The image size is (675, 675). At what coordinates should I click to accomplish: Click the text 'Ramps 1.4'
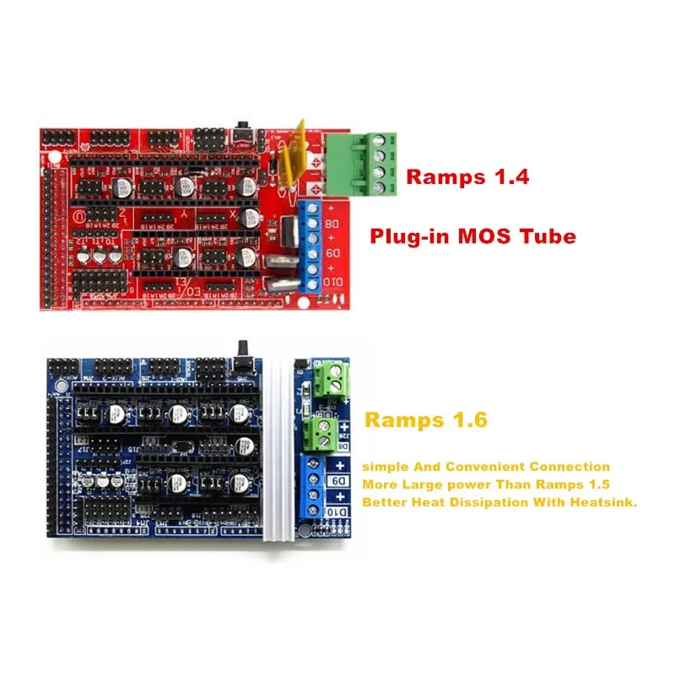(467, 177)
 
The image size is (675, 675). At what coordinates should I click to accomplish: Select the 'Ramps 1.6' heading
(425, 419)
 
